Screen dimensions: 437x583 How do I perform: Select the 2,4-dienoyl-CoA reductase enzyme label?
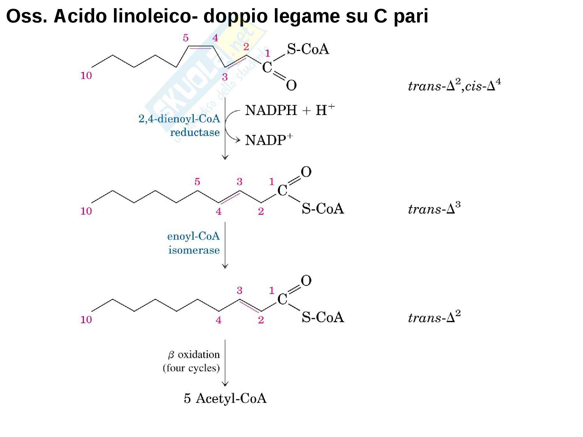coord(179,126)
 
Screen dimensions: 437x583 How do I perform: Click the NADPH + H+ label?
coord(290,110)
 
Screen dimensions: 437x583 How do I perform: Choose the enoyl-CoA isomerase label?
coord(194,243)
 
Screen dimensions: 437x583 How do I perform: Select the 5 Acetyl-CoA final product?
coord(225,398)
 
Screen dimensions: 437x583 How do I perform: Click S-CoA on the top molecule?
coord(308,49)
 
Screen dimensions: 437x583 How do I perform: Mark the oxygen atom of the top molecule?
coord(291,85)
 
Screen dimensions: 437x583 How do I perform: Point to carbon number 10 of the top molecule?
coord(86,76)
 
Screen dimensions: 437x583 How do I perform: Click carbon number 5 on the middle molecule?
coord(197,182)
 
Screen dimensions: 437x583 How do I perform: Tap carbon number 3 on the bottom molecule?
coord(239,290)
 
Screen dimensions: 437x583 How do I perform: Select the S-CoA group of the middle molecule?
coord(323,209)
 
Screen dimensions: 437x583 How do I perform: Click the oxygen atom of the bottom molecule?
coord(306,281)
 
